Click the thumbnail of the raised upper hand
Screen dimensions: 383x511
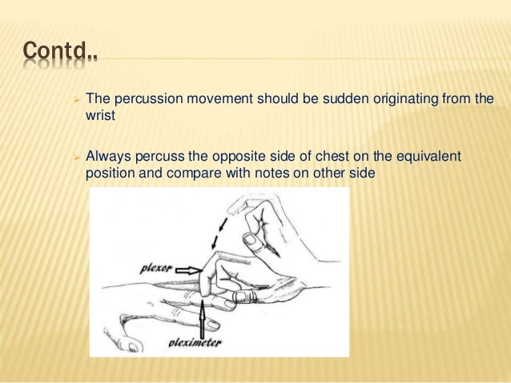(251, 240)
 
